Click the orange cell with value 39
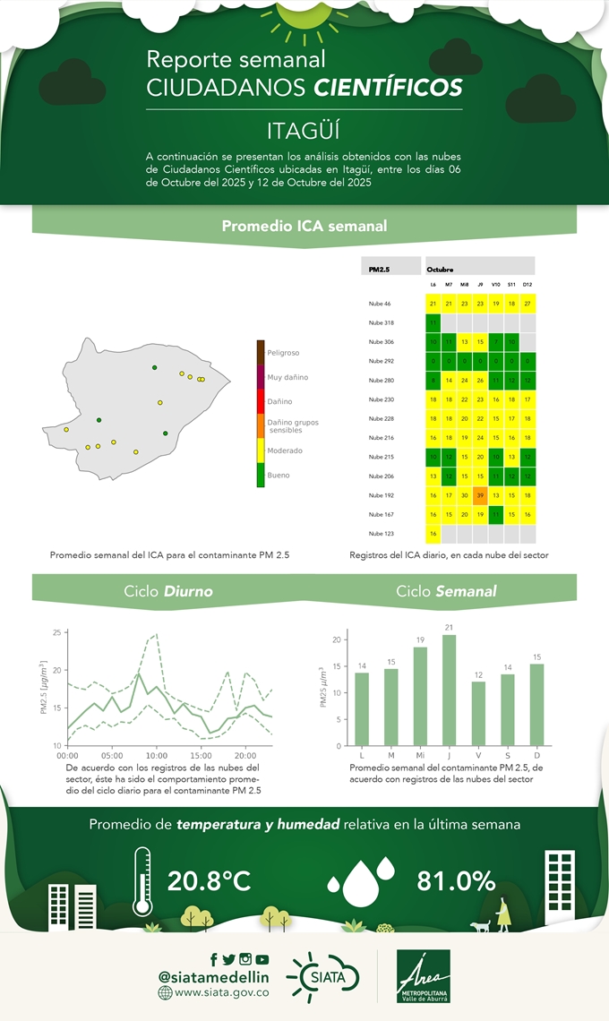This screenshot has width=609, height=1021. coord(480,495)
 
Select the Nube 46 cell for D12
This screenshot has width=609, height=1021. coord(528,304)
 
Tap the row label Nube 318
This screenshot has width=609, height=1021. coord(381,322)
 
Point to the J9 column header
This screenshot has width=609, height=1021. coord(480,284)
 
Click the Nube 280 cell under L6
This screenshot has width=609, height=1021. coord(433,381)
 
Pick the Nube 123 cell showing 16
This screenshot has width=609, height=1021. coord(433,534)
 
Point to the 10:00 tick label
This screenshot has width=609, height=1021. coord(157,756)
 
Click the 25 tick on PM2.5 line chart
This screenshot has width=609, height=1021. coord(56,633)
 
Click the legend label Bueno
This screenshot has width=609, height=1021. coord(278,476)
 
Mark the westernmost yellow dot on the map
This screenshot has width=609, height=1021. coord(66,430)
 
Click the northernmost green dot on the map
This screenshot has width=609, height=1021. coord(154,368)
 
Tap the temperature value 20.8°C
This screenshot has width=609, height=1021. coord(209,881)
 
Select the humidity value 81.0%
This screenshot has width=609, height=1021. coord(456,881)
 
